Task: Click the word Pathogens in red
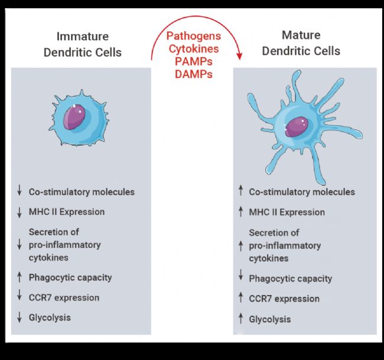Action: (x=193, y=36)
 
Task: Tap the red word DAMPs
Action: (x=193, y=74)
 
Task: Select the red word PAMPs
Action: (x=193, y=61)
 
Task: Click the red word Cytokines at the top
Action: (x=193, y=48)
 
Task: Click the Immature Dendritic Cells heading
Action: (x=83, y=44)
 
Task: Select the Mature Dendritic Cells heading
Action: (x=301, y=43)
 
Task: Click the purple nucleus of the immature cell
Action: (x=76, y=117)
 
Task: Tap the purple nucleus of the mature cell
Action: (x=295, y=125)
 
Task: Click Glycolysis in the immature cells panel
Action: (x=50, y=318)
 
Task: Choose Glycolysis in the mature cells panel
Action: (x=270, y=319)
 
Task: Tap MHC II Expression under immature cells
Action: (x=67, y=212)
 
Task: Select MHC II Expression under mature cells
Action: (x=287, y=212)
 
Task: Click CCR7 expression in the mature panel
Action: (x=284, y=299)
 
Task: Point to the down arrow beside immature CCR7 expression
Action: (x=19, y=297)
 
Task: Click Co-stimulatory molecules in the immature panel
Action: (x=82, y=192)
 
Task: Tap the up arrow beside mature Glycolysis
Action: (x=240, y=319)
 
